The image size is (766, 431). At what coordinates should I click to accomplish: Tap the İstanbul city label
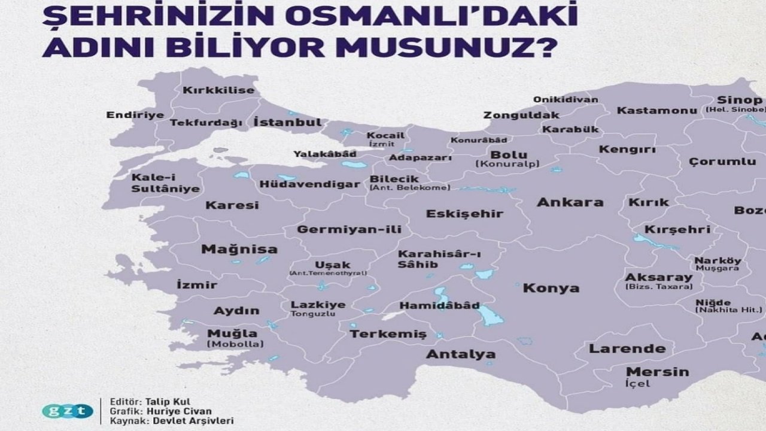coord(287,122)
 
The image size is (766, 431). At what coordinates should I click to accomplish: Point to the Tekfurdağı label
coord(206,123)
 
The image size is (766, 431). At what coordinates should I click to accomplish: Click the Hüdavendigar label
coord(310,184)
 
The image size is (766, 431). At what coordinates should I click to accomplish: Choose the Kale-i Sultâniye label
coord(157,183)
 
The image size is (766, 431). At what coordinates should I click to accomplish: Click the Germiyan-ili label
coord(349,229)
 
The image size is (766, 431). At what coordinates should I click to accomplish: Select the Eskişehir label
coord(464,214)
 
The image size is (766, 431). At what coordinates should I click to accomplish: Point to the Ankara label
coord(570,202)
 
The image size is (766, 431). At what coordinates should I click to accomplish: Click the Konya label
coord(551,288)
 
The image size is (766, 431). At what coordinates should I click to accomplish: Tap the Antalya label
coord(460,354)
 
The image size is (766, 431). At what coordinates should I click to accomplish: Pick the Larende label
coord(627,348)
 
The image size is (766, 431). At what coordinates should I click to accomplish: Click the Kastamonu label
coord(656,111)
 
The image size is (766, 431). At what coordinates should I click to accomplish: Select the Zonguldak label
coord(521,115)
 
